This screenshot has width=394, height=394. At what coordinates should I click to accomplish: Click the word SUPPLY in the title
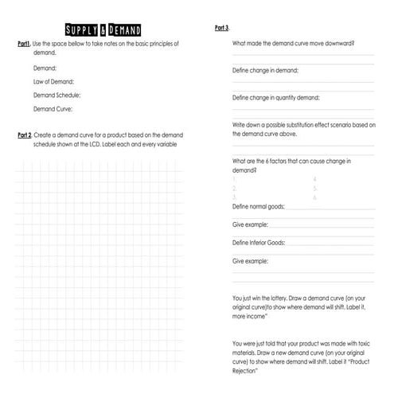(x=83, y=30)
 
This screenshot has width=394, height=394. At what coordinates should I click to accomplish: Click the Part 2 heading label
(x=25, y=135)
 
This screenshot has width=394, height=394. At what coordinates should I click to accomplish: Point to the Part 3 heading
(x=222, y=28)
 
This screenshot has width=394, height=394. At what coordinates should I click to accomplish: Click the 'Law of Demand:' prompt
(x=53, y=82)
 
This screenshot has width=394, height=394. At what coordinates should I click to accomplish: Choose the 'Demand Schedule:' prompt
(x=57, y=96)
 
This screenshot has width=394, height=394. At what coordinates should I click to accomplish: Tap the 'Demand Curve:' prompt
(x=53, y=109)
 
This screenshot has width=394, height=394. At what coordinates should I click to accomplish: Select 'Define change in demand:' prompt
(x=265, y=70)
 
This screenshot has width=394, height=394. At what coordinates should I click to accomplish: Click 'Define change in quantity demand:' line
(x=275, y=97)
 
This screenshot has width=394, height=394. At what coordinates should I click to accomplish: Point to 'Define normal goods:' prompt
(x=258, y=206)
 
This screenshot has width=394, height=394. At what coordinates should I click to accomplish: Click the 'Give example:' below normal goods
(x=250, y=224)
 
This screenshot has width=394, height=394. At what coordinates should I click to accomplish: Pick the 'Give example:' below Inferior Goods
(x=250, y=260)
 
